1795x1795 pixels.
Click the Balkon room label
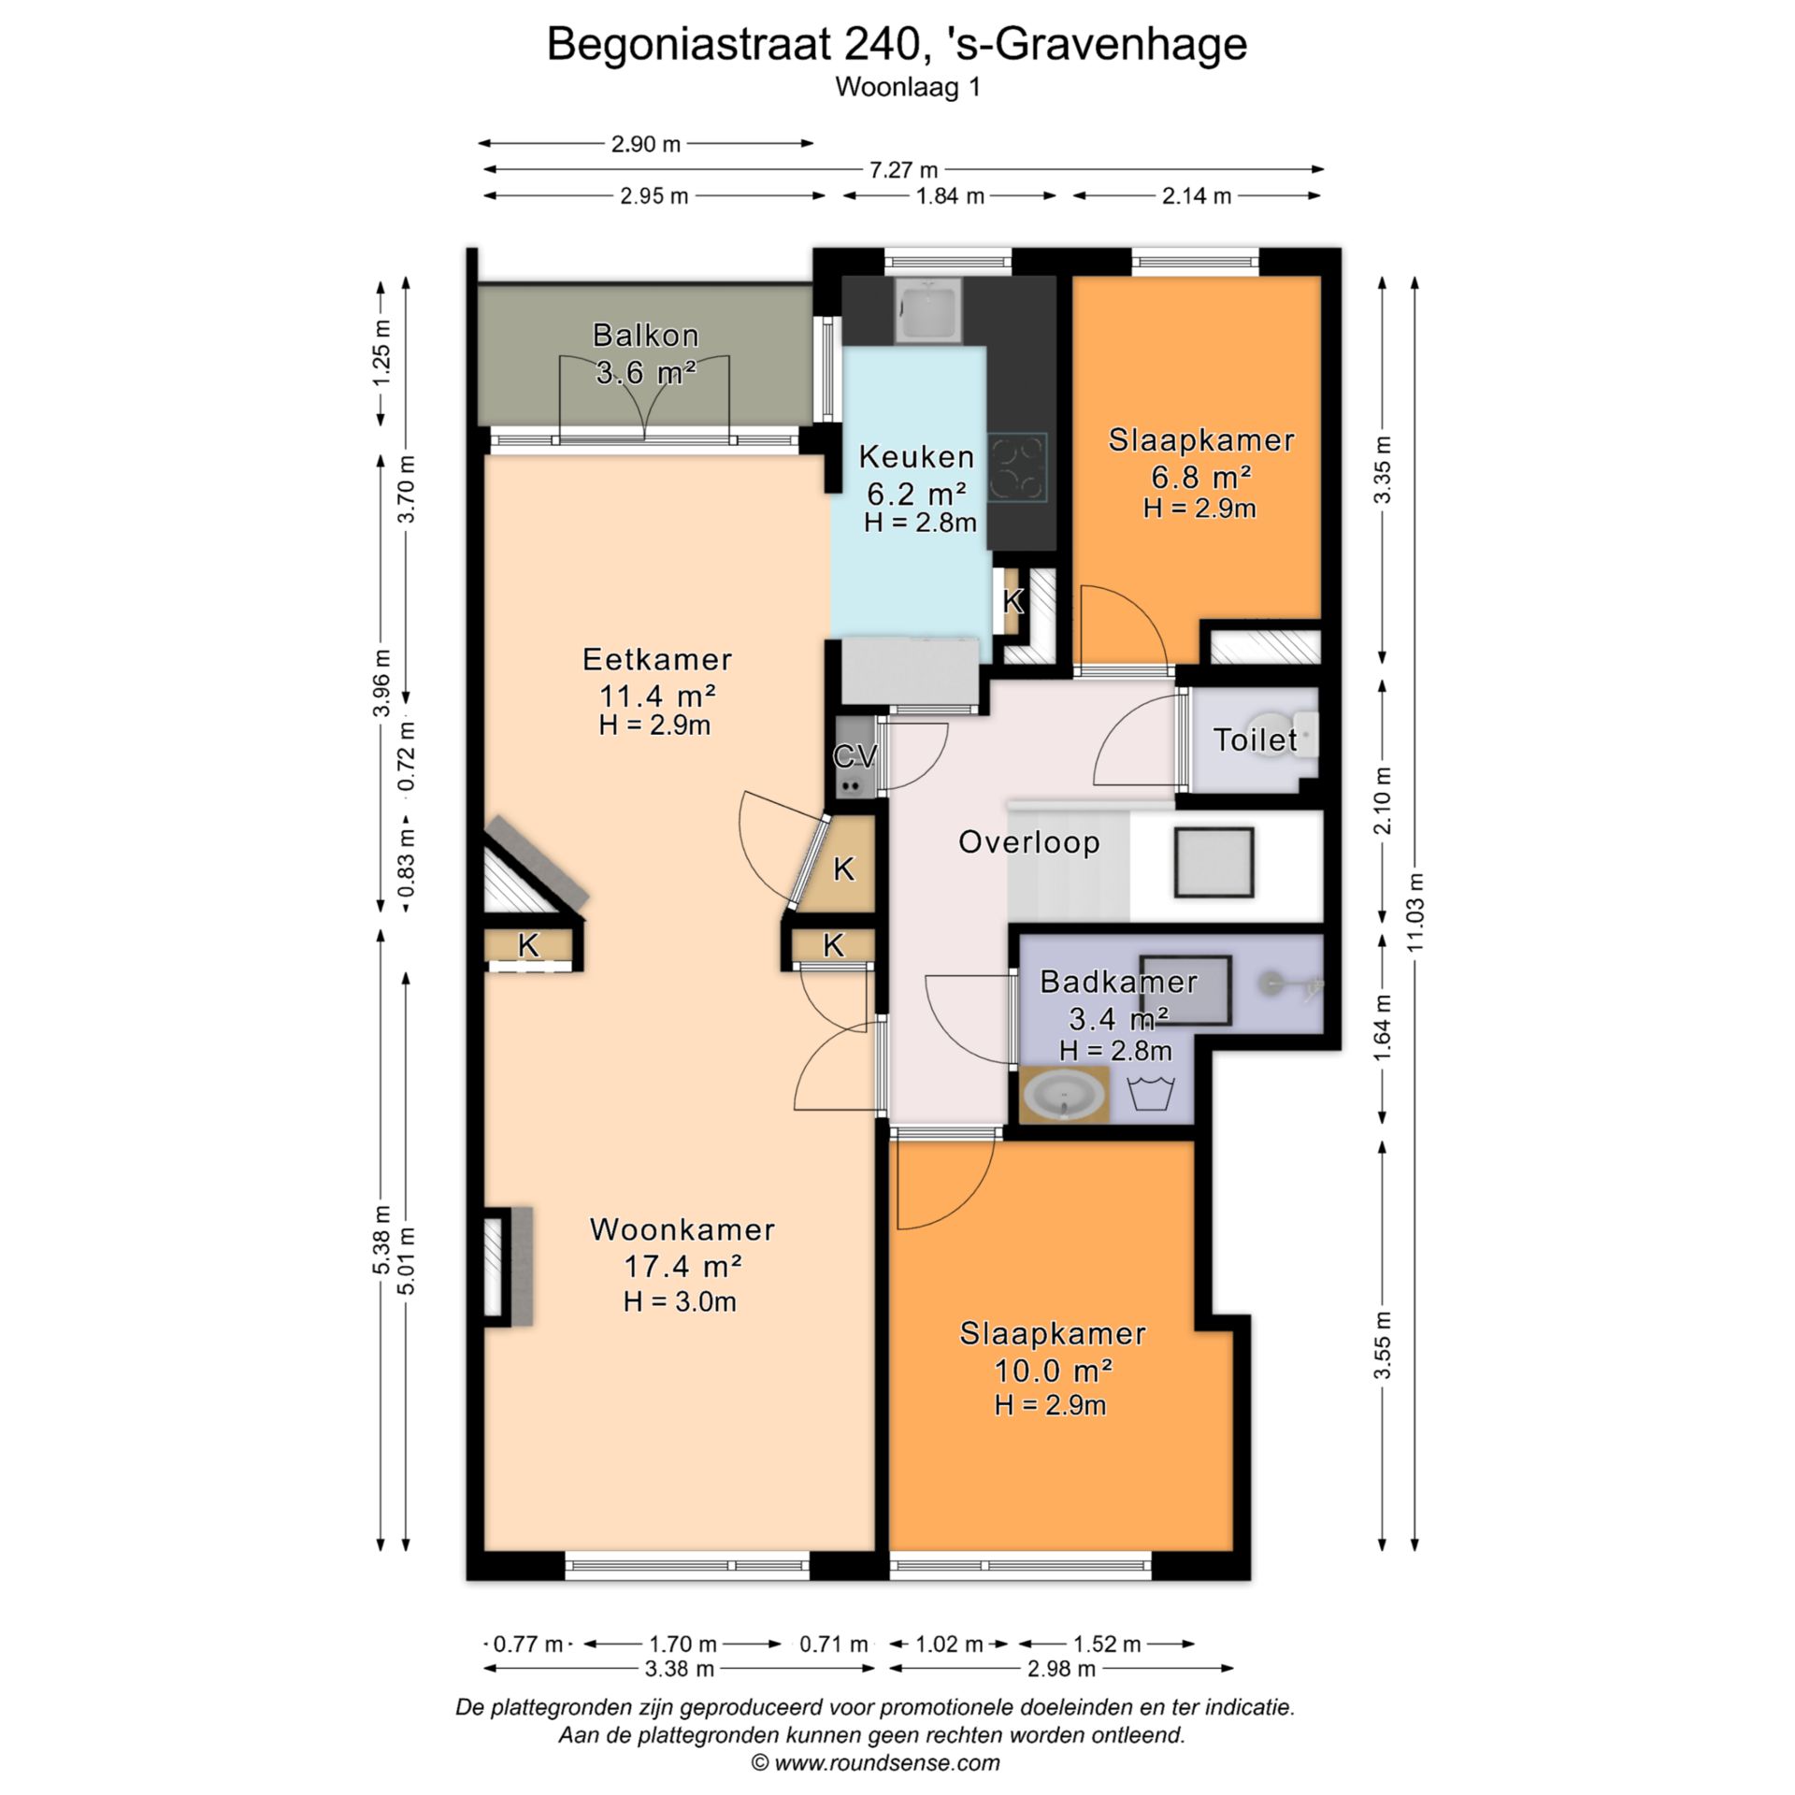coord(645,335)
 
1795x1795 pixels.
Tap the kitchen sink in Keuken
coord(926,311)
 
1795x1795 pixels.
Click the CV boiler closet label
coord(855,755)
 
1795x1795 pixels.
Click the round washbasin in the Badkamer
coord(1064,1095)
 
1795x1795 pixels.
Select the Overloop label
coord(1028,842)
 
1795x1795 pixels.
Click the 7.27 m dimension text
coord(903,170)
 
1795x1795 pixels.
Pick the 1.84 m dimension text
coord(950,196)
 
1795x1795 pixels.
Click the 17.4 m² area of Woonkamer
coord(682,1267)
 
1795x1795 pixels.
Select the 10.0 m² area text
coord(1053,1371)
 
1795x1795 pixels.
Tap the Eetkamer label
coord(657,659)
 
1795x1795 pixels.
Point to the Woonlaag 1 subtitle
coord(908,87)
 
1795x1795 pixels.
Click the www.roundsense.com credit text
coord(876,1763)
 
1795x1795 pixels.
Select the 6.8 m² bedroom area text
coord(1201,478)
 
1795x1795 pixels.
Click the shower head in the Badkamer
coord(1272,983)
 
